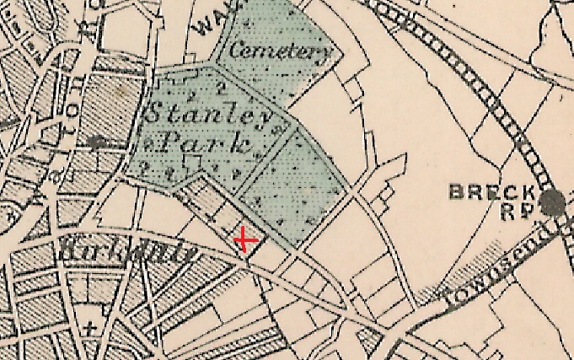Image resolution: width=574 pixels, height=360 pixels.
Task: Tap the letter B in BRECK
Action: tap(455, 191)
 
